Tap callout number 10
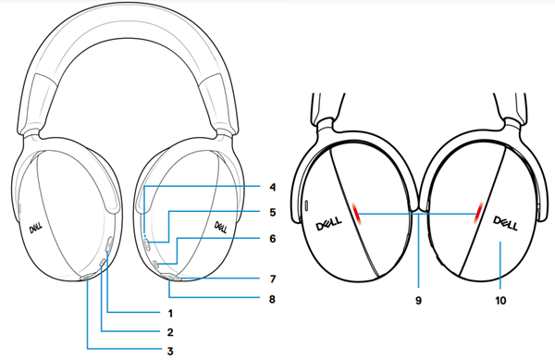500,300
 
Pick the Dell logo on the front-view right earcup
221,225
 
